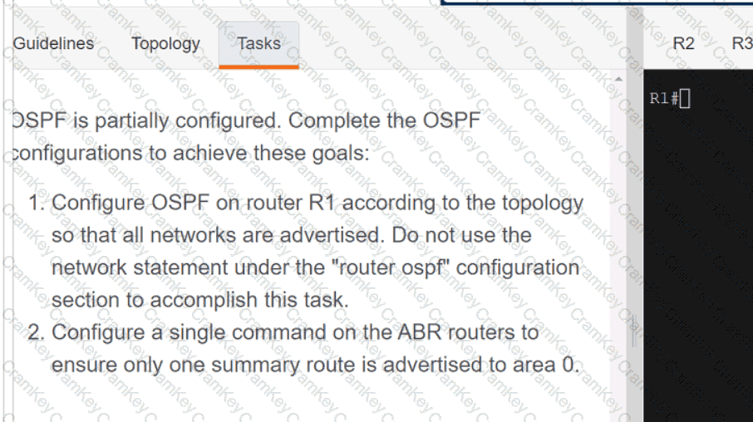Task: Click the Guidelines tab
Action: pyautogui.click(x=53, y=44)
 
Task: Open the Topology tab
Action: pyautogui.click(x=165, y=44)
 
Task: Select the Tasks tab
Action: pyautogui.click(x=258, y=44)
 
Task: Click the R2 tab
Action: pyautogui.click(x=683, y=44)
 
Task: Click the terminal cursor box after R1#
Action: pyautogui.click(x=685, y=99)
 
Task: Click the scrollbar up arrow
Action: pyautogui.click(x=618, y=79)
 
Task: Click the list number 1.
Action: pyautogui.click(x=36, y=203)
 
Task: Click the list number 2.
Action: pyautogui.click(x=36, y=332)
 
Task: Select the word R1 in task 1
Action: pyautogui.click(x=322, y=203)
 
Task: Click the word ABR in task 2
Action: pyautogui.click(x=419, y=332)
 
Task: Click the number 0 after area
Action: pyautogui.click(x=570, y=365)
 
